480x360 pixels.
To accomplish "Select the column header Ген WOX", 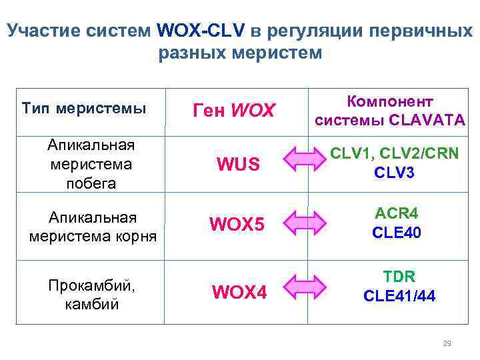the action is [x=233, y=111].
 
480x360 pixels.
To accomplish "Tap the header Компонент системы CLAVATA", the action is [x=390, y=111].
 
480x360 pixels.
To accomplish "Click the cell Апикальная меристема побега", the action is [x=91, y=165].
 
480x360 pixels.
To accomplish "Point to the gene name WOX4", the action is [x=239, y=292].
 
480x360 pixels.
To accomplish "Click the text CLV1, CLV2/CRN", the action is [x=395, y=153].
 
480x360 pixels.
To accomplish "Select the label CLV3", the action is [x=395, y=173].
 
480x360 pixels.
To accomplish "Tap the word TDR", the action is [x=399, y=275].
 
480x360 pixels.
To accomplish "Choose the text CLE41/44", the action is [x=399, y=296].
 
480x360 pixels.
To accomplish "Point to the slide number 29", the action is [x=447, y=343].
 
